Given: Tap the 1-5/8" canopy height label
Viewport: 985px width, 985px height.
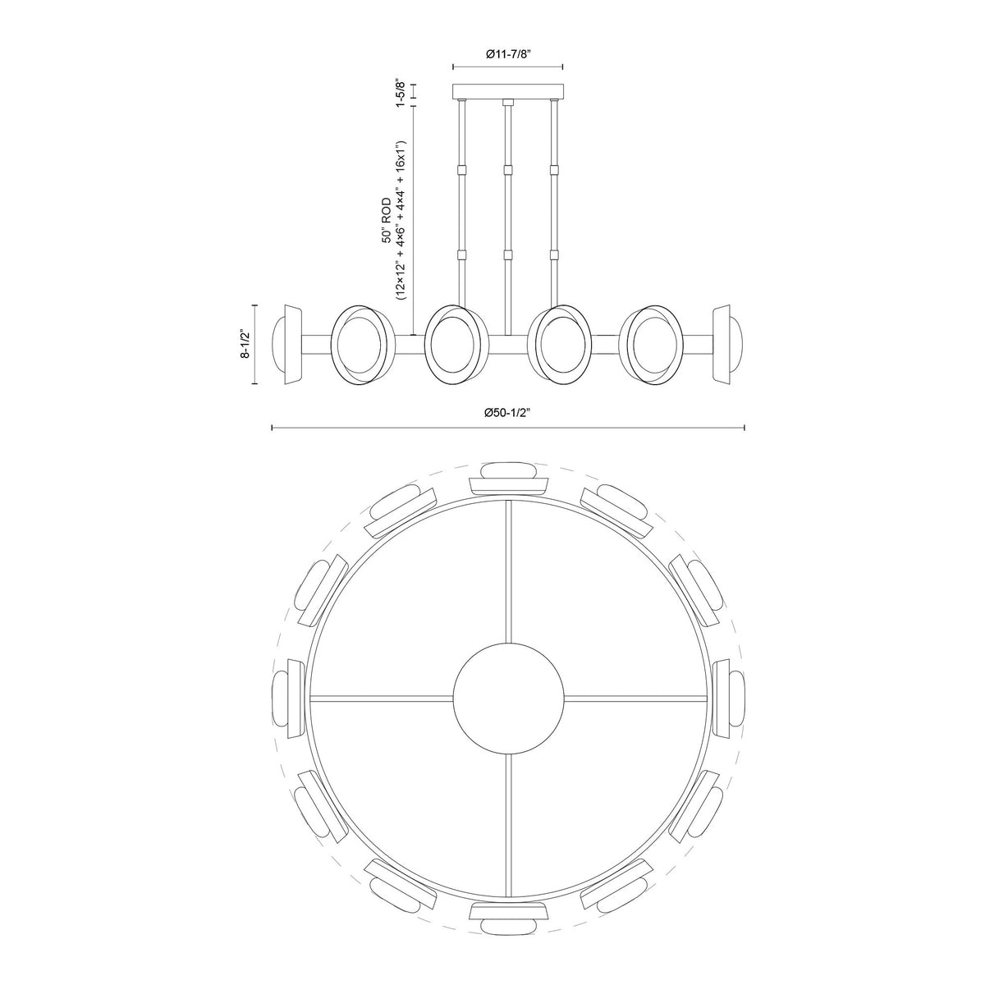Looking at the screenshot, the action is coord(401,93).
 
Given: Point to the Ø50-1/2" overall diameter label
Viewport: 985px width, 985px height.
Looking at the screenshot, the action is coord(507,413).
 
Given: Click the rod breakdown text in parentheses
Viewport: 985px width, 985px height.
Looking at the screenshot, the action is coord(401,220).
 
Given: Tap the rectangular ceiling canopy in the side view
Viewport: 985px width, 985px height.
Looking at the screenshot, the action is coord(508,91).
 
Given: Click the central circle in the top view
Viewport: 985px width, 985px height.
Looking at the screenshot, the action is coord(509,699).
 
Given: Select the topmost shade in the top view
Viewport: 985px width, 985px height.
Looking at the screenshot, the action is coord(509,479).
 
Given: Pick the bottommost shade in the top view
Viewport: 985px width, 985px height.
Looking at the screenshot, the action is coord(509,919).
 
